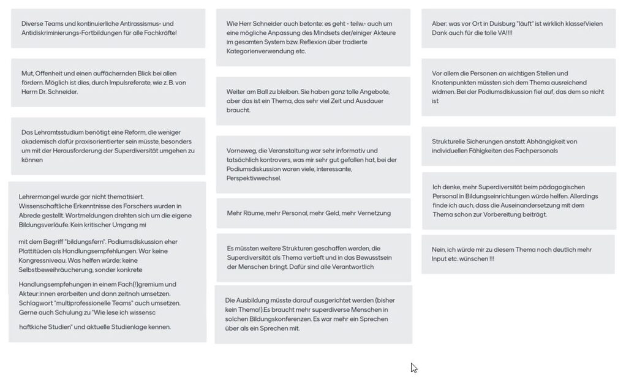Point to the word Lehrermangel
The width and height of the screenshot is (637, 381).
coord(39,197)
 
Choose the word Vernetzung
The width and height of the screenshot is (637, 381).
coord(373,213)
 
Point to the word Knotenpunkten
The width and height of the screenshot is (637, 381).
coord(457,83)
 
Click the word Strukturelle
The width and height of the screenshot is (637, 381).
coord(451,141)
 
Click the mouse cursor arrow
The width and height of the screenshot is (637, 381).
coord(413,367)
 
